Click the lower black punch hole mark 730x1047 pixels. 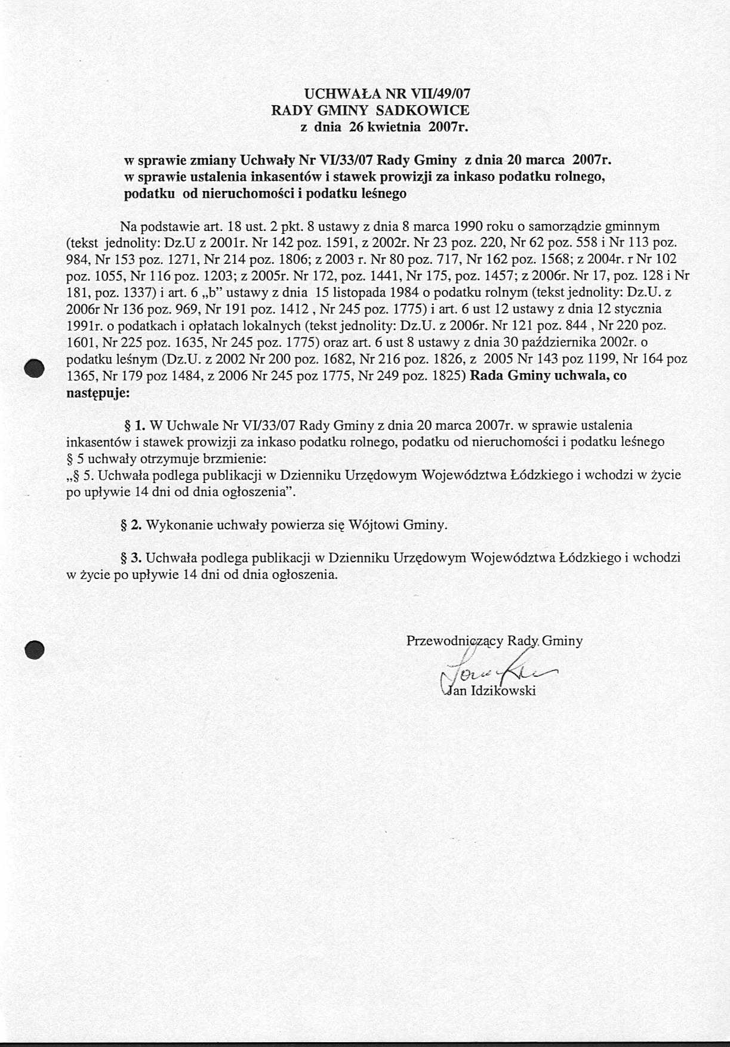[35, 649]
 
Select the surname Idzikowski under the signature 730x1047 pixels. [504, 691]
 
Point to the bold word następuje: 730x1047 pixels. [97, 393]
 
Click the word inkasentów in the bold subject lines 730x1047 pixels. [287, 177]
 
